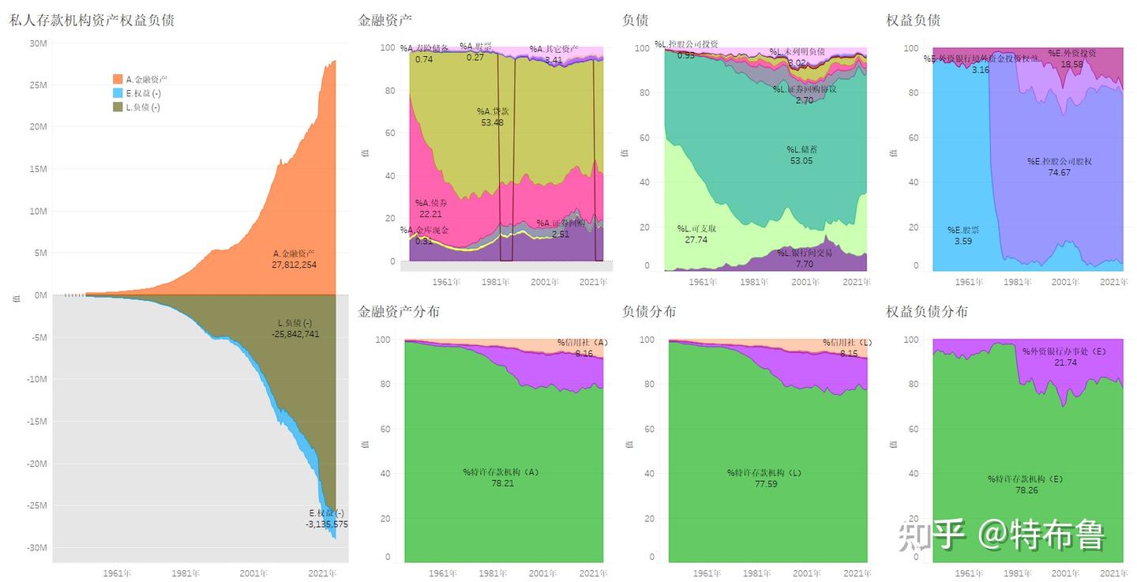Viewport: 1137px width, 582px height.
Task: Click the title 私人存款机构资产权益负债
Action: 92,21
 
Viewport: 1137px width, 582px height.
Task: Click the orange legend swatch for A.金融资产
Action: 118,79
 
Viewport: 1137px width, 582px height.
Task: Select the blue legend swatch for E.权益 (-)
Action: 118,93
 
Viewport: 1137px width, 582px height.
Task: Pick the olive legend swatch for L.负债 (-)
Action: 118,107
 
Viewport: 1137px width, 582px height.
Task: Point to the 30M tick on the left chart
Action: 38,43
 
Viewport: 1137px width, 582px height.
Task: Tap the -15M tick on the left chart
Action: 36,422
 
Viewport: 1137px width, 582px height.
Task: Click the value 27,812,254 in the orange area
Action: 295,265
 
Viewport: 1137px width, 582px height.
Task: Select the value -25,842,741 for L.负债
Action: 295,334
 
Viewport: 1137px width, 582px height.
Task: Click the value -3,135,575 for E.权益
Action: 326,524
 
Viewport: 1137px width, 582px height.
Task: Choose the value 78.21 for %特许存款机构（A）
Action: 502,483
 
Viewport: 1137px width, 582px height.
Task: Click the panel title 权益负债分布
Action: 927,312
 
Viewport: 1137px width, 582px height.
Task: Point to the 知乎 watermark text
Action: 932,535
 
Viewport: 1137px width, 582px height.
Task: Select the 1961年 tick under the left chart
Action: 117,573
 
